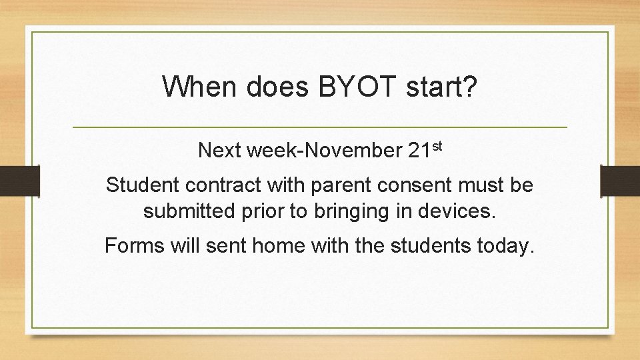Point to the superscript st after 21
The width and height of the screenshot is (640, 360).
pos(435,145)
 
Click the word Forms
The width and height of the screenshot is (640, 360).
pos(134,246)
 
